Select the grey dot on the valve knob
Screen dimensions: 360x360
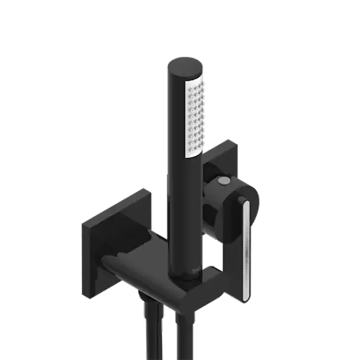(x=224, y=181)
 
